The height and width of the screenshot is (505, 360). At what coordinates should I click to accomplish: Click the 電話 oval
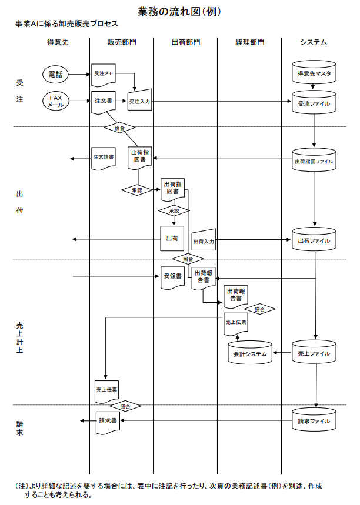click(x=55, y=75)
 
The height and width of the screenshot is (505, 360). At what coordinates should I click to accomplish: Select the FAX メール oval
click(x=55, y=101)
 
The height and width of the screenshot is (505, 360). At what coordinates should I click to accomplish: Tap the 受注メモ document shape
click(x=104, y=75)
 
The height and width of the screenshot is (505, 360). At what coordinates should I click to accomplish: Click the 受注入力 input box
click(x=139, y=100)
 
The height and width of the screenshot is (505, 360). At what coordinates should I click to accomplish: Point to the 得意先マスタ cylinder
click(x=314, y=73)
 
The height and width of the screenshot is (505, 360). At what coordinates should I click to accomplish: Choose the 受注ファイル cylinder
click(x=314, y=102)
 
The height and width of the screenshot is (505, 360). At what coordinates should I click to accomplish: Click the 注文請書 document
click(x=104, y=159)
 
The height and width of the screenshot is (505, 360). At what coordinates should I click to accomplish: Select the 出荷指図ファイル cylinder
click(x=314, y=160)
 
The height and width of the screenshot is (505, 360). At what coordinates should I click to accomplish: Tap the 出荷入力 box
click(x=204, y=240)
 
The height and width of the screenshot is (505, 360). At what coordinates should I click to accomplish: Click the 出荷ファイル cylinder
click(x=314, y=239)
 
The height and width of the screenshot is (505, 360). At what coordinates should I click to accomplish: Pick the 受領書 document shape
click(x=173, y=277)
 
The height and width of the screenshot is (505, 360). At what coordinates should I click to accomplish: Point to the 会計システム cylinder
click(x=250, y=353)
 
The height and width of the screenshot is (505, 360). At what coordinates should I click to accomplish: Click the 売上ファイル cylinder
click(x=314, y=352)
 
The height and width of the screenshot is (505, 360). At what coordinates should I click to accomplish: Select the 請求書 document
click(x=108, y=422)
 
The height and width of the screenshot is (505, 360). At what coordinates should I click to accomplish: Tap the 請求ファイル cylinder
click(x=314, y=420)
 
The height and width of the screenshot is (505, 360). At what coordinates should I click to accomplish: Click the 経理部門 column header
click(x=250, y=42)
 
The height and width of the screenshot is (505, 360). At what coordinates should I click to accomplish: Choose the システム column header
click(x=314, y=42)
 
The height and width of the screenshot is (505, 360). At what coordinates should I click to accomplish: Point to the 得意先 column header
click(x=58, y=42)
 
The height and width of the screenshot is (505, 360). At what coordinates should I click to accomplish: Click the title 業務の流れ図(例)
click(x=179, y=12)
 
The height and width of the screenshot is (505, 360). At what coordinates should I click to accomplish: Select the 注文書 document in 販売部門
click(x=104, y=102)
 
